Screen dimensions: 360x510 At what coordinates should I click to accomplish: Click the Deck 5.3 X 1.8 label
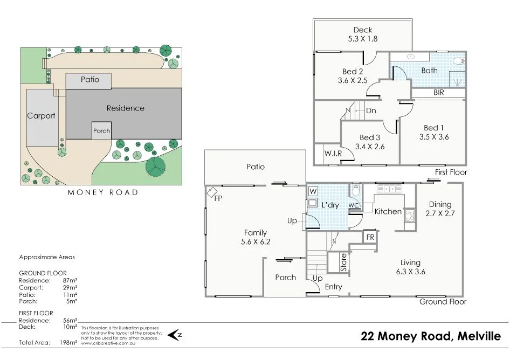click(x=363, y=34)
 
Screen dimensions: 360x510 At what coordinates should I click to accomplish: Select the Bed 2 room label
click(x=353, y=72)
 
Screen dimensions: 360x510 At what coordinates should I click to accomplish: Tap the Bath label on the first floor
click(x=430, y=71)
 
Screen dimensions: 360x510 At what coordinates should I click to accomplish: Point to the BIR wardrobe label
click(x=439, y=93)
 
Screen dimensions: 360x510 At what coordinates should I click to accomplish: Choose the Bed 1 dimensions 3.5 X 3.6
click(x=434, y=137)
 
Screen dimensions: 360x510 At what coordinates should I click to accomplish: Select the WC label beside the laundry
click(x=354, y=205)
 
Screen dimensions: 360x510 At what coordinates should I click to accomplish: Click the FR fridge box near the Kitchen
click(x=370, y=237)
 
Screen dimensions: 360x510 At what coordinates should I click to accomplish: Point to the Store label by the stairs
click(x=344, y=263)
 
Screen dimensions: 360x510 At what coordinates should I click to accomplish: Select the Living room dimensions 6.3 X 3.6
click(x=410, y=272)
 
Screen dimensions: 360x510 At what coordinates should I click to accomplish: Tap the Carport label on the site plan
click(x=42, y=116)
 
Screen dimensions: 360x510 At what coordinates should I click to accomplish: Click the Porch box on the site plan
click(x=101, y=130)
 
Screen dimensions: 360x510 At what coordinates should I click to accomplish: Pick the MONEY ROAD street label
click(x=102, y=192)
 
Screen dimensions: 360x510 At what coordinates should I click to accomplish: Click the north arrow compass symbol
click(x=175, y=335)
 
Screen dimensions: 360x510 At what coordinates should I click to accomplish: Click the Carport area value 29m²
click(x=70, y=288)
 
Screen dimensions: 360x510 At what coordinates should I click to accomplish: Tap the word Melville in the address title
click(x=479, y=337)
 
